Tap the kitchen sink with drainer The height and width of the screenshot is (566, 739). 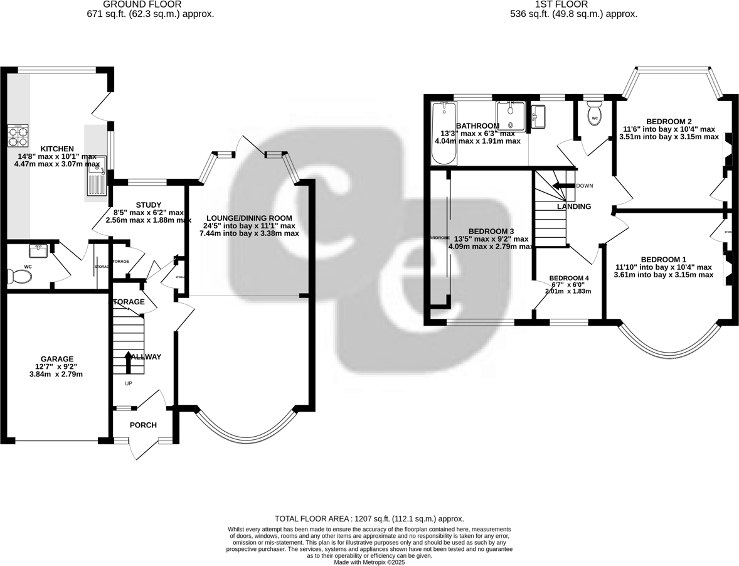pos(97,178)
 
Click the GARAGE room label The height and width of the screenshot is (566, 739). pos(57,359)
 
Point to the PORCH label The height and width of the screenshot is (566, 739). pos(143,425)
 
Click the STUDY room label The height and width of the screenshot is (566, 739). pos(149,205)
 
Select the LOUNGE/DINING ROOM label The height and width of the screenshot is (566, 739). pos(248,218)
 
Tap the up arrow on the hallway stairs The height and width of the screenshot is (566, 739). pos(129,362)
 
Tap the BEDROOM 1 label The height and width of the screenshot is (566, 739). pos(663,259)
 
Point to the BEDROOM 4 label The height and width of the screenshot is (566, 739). pos(569,278)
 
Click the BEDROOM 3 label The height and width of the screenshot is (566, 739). pos(491,231)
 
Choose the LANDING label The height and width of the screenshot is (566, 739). pos(574,206)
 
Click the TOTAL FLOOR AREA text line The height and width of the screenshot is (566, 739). pos(369,519)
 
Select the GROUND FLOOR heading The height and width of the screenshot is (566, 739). pos(150,4)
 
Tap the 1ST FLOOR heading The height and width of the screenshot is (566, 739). pos(553,4)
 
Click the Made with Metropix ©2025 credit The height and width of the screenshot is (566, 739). pos(369,562)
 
